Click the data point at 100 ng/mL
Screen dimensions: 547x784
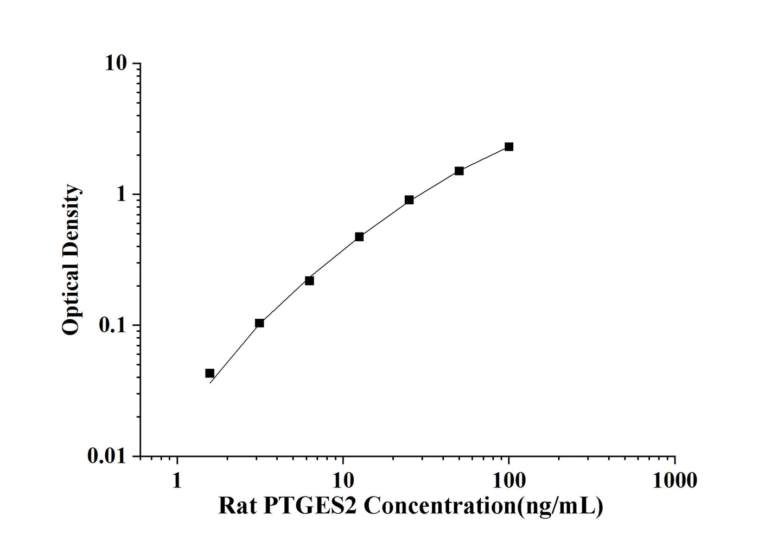(x=508, y=147)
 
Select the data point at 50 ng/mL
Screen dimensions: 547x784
(x=459, y=171)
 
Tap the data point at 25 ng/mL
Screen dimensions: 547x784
(x=409, y=200)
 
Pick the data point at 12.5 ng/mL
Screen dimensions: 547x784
(x=359, y=237)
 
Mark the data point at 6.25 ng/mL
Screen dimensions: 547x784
(x=309, y=281)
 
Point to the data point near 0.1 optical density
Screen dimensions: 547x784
(x=259, y=323)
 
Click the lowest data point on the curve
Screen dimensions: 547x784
(x=209, y=373)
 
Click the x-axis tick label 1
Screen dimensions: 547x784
(x=177, y=480)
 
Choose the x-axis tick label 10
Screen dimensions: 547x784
(x=343, y=480)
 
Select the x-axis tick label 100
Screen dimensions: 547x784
(x=508, y=480)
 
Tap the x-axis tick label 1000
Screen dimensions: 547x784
(x=674, y=480)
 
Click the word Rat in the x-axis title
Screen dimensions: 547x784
(x=237, y=506)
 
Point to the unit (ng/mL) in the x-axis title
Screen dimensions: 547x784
(x=560, y=506)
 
